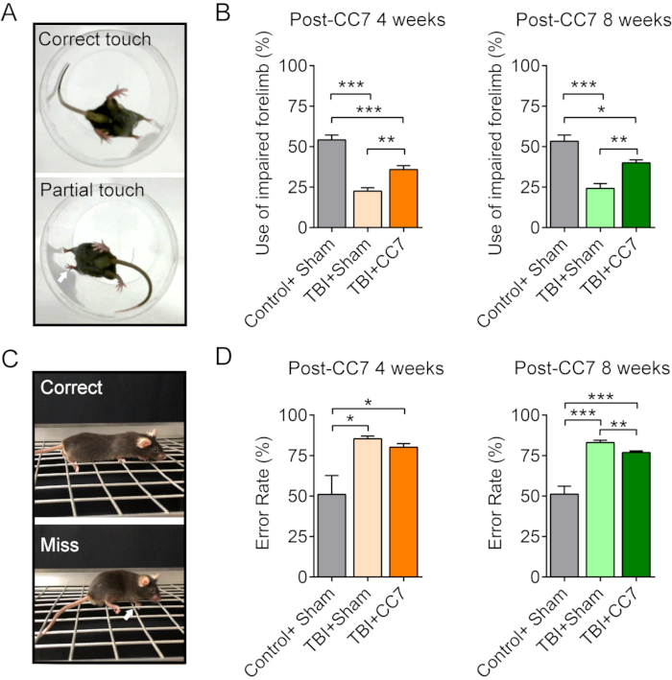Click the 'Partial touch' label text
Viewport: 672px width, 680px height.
pos(87,191)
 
